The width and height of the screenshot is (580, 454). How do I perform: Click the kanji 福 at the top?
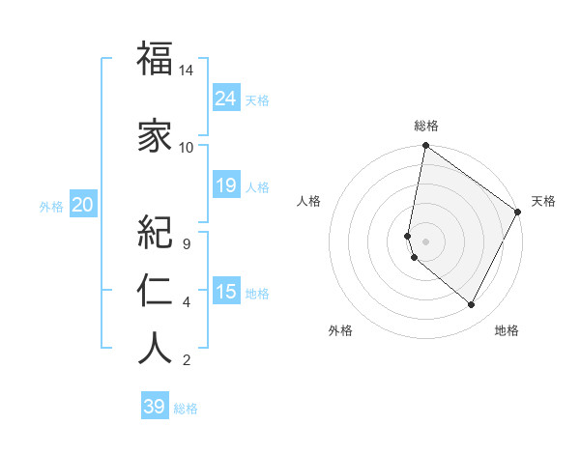tap(155, 60)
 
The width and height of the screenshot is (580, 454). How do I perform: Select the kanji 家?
tap(155, 137)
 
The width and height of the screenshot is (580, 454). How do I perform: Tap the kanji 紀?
tap(155, 232)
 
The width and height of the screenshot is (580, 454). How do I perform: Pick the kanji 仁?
tap(155, 291)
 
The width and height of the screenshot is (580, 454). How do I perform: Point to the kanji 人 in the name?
tap(155, 349)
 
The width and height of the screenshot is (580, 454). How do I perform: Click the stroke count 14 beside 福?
tap(187, 71)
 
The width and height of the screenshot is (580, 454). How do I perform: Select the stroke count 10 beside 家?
tap(187, 148)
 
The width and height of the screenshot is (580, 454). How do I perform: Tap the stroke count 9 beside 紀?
tap(186, 243)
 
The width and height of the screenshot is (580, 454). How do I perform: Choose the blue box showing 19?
tap(226, 184)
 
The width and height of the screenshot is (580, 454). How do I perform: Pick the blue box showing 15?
tap(226, 291)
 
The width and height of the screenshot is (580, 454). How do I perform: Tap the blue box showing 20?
tap(83, 204)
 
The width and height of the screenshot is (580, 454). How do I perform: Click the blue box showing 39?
tap(155, 407)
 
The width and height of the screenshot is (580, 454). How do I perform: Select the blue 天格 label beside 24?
tap(257, 99)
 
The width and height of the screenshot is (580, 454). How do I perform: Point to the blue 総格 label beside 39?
tap(186, 409)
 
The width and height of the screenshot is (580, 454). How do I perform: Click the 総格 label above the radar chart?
tap(426, 126)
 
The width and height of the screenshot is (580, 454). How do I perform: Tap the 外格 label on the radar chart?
tap(339, 330)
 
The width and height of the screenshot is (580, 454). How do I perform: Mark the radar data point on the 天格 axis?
tap(518, 213)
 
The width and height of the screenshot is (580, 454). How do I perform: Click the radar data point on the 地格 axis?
tap(472, 305)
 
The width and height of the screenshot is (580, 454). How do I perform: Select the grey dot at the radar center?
tap(426, 241)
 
